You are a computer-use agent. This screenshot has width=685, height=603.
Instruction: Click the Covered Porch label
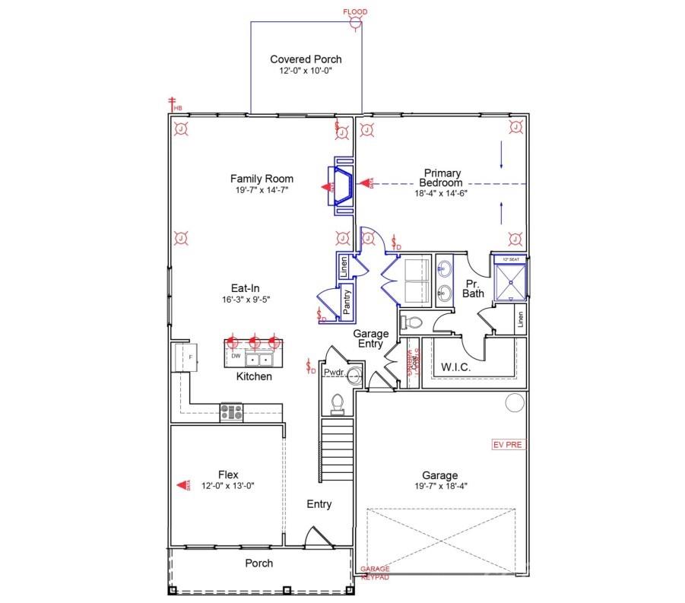(306, 59)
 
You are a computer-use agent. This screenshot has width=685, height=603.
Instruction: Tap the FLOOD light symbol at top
(355, 22)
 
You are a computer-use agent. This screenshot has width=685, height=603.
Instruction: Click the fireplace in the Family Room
(341, 186)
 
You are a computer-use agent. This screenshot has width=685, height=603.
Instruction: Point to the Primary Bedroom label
(442, 178)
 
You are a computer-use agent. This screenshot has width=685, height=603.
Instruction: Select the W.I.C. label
(455, 367)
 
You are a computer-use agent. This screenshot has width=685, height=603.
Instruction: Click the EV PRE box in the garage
(508, 444)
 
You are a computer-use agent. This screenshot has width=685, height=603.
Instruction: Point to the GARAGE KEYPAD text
(374, 573)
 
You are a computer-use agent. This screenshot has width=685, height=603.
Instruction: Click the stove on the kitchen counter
(231, 412)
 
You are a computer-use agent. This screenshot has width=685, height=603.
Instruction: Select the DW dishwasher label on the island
(236, 356)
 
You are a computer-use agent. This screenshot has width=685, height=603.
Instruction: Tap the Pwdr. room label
(334, 373)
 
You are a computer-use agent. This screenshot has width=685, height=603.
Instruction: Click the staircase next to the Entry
(337, 449)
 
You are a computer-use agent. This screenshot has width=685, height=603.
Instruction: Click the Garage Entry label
(370, 339)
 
